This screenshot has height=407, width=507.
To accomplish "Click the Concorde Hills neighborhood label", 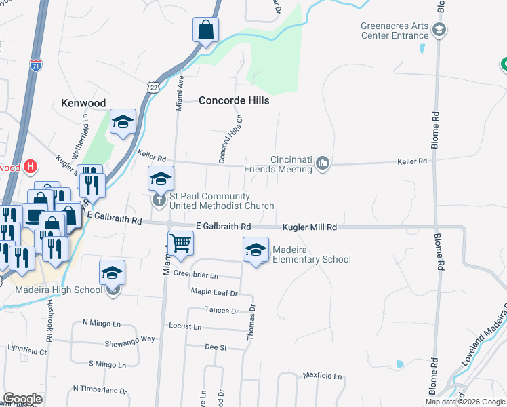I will coord(234,100).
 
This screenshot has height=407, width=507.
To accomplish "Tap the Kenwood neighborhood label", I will coord(83,103).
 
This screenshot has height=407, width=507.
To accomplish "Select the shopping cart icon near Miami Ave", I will coord(180,242).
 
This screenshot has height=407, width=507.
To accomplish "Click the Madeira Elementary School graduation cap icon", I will coord(256,250).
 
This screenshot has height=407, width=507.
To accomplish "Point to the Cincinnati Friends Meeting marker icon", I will coord(323,163).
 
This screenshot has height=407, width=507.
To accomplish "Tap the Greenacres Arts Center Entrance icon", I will coord(439,30).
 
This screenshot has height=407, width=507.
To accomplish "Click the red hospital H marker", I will coord(30,166).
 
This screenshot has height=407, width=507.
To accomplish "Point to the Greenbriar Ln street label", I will coord(196,275).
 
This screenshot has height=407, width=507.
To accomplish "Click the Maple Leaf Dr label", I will coord(214,293).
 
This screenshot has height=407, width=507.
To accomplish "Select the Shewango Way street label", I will coord(129,339).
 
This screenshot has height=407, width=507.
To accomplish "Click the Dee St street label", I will coord(216,347).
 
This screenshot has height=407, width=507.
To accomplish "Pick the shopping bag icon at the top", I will coord(205,31).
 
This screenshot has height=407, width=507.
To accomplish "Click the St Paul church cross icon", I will coord(159,199).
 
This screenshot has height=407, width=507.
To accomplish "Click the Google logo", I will coord(22,399).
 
